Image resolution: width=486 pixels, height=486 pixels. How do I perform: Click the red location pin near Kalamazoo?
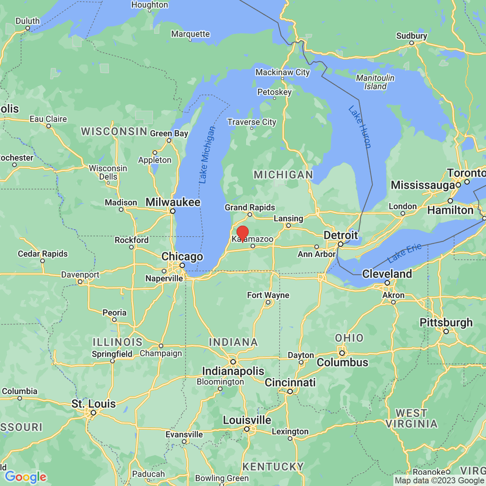pyautogui.click(x=242, y=234)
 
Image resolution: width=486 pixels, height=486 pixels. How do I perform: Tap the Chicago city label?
pyautogui.click(x=182, y=257)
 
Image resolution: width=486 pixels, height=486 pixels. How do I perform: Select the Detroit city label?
pyautogui.click(x=341, y=235)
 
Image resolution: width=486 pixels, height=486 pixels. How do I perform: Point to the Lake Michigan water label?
pyautogui.click(x=207, y=155)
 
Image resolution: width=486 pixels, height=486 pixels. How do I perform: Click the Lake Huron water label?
pyautogui.click(x=360, y=127)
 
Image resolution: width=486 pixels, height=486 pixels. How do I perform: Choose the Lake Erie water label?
pyautogui.click(x=405, y=253)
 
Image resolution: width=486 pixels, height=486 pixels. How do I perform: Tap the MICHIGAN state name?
pyautogui.click(x=283, y=175)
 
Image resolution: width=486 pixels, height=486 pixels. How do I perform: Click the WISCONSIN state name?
pyautogui.click(x=114, y=132)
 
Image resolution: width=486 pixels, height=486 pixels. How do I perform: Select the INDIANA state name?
pyautogui.click(x=233, y=342)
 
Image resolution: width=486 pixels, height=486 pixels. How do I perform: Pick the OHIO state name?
pyautogui.click(x=349, y=338)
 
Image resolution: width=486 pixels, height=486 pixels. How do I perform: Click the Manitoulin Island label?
pyautogui.click(x=375, y=82)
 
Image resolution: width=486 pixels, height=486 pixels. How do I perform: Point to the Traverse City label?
pyautogui.click(x=252, y=122)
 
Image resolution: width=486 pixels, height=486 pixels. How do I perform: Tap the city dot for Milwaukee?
pyautogui.click(x=173, y=211)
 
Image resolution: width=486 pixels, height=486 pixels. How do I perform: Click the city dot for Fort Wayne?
pyautogui.click(x=268, y=302)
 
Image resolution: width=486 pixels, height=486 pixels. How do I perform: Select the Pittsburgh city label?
pyautogui.click(x=446, y=322)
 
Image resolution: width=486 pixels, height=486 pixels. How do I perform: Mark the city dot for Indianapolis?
pyautogui.click(x=233, y=362)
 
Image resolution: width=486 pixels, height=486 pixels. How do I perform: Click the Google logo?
pyautogui.click(x=26, y=477)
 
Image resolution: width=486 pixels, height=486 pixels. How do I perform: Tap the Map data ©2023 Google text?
pyautogui.click(x=439, y=481)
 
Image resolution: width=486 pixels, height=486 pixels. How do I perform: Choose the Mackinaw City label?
pyautogui.click(x=282, y=72)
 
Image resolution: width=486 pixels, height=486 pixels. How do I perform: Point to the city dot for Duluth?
pyautogui.click(x=28, y=28)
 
